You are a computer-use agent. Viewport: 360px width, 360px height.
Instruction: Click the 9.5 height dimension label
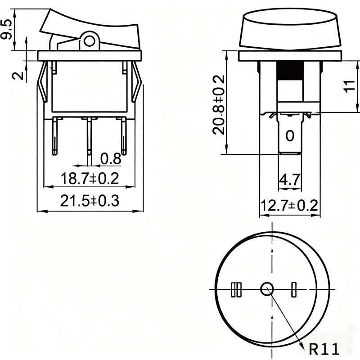click(6, 29)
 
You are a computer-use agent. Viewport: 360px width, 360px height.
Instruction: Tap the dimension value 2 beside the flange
click(18, 76)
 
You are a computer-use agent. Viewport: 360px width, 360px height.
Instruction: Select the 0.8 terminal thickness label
click(111, 158)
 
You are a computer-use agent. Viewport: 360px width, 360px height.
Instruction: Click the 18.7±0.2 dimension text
click(90, 178)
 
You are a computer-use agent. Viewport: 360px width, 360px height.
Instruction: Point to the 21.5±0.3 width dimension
click(90, 200)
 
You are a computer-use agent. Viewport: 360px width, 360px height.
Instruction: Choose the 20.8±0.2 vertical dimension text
click(218, 105)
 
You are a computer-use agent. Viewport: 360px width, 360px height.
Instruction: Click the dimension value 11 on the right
click(350, 86)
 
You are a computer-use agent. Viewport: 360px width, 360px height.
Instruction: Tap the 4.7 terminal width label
click(289, 180)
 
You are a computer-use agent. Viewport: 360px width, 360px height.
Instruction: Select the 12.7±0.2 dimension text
click(289, 205)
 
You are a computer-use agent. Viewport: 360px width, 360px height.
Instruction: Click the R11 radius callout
click(324, 350)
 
